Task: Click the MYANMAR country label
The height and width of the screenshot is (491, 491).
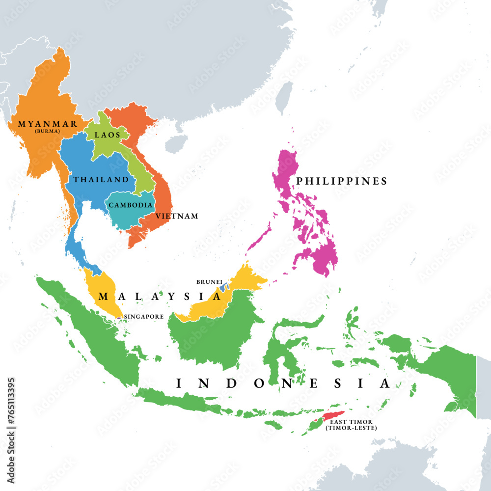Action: [47, 124]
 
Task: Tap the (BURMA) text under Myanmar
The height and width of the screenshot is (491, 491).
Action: [47, 131]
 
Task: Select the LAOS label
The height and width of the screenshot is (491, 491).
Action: [108, 135]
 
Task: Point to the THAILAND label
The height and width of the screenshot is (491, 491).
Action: [101, 180]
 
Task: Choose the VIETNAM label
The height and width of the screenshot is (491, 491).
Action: [177, 216]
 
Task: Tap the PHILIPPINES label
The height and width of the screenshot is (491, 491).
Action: [342, 181]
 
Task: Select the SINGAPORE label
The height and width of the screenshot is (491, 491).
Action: [144, 317]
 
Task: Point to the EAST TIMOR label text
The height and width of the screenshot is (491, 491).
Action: [351, 421]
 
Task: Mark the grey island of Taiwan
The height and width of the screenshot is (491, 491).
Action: [284, 98]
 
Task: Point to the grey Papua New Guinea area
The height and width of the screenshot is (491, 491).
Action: [483, 383]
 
